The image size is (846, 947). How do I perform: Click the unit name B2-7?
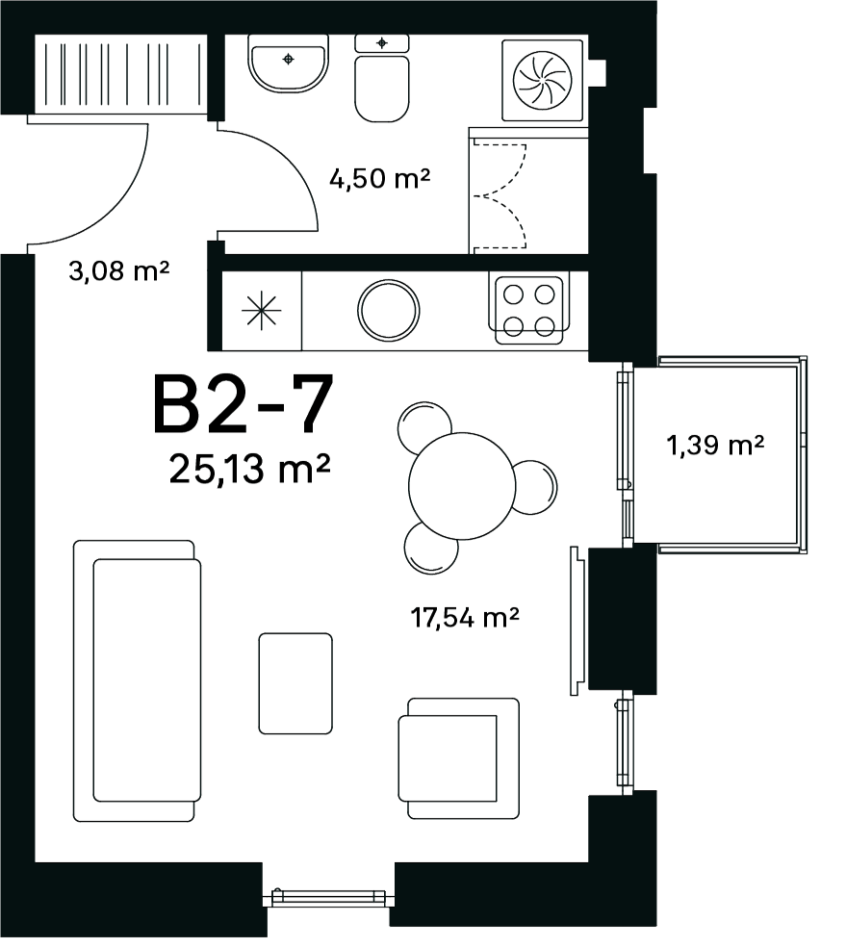(243, 404)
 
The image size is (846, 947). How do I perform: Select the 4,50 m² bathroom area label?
(379, 178)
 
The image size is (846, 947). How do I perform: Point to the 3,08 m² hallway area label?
(119, 270)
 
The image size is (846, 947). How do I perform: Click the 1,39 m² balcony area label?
(715, 446)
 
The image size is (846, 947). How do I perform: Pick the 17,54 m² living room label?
(464, 617)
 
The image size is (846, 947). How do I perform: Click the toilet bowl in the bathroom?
(382, 79)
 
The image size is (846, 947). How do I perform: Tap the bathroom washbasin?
(288, 64)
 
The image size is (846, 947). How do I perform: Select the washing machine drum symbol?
(542, 80)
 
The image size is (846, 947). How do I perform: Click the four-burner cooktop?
(529, 311)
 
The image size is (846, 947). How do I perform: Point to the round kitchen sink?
(388, 310)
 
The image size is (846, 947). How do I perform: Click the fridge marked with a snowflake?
(262, 311)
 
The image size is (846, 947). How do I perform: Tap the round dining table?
(462, 486)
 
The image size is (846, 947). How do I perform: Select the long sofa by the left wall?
(137, 680)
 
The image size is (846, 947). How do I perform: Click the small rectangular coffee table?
(295, 683)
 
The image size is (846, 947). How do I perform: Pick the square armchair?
(459, 758)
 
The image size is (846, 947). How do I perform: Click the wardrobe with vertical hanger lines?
(120, 74)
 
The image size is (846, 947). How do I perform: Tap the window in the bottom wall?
(328, 898)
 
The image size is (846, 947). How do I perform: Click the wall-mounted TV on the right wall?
(577, 621)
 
